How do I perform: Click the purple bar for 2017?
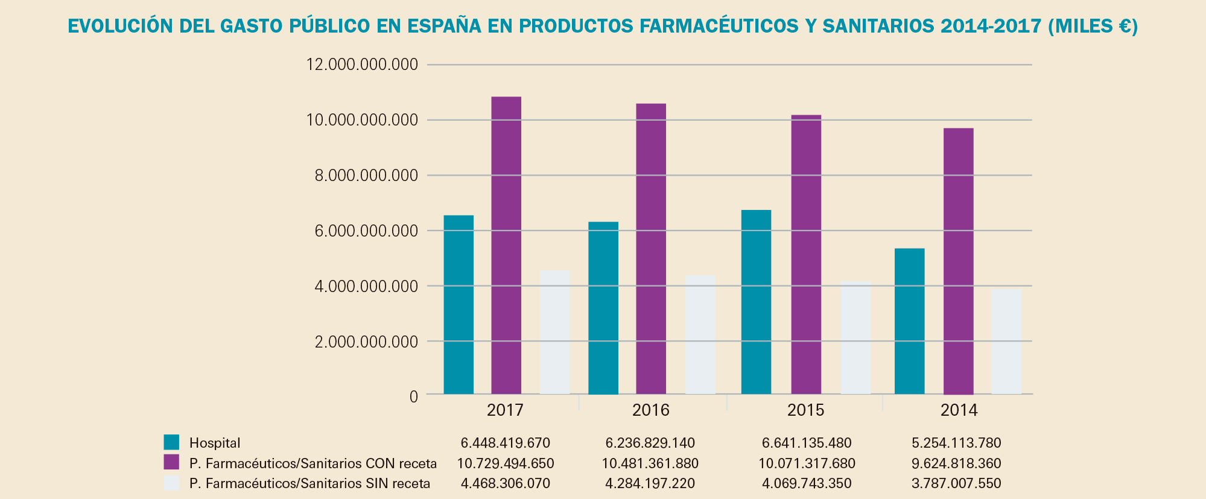(x=506, y=246)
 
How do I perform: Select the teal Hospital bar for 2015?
(x=756, y=302)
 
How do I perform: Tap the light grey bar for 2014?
(x=1006, y=342)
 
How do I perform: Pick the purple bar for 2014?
(x=958, y=261)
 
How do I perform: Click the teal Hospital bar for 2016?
(x=603, y=308)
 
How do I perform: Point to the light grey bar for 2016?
(x=700, y=335)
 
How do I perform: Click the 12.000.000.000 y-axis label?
(x=362, y=65)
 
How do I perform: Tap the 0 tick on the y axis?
(x=413, y=397)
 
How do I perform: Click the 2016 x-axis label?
(x=651, y=411)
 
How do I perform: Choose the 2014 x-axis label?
(x=959, y=411)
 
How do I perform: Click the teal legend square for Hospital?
(x=171, y=442)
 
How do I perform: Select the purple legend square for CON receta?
(x=171, y=463)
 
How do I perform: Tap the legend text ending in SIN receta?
(x=309, y=484)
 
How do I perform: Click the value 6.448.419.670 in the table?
(x=506, y=443)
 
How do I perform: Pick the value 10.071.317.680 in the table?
(x=807, y=464)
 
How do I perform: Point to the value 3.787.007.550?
(x=956, y=484)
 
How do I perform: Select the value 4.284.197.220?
(x=650, y=484)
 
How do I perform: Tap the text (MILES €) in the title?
(x=1093, y=27)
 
